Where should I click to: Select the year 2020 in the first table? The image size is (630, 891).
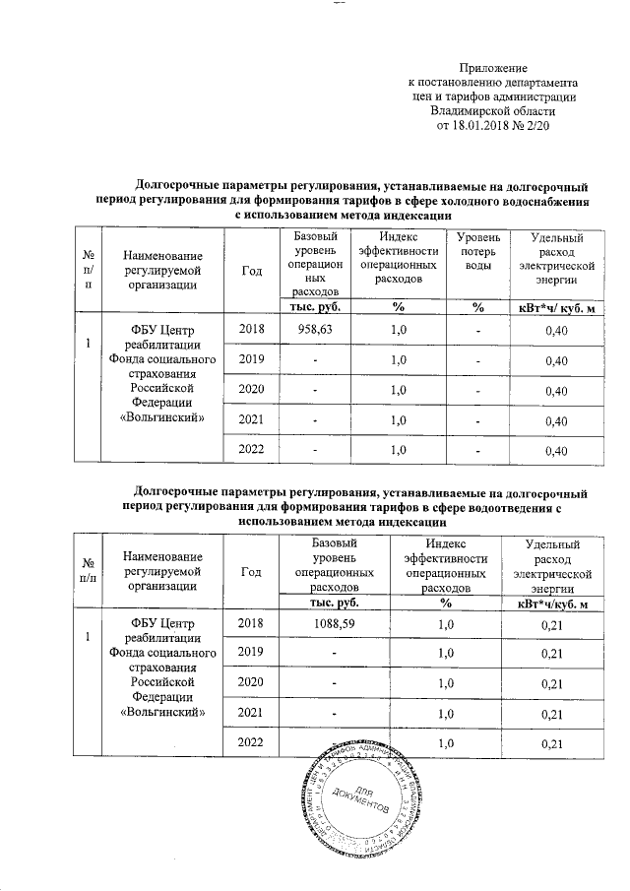click(x=251, y=391)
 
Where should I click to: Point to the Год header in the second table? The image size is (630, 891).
click(x=251, y=568)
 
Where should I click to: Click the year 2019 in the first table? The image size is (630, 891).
click(x=251, y=360)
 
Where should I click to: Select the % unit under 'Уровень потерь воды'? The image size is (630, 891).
click(x=476, y=309)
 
